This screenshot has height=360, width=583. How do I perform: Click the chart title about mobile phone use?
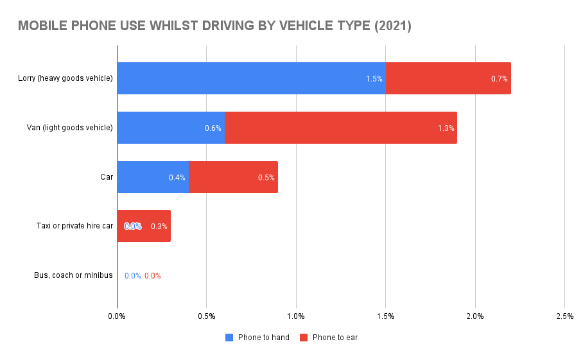pos(214,26)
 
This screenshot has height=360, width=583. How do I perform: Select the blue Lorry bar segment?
pos(250,78)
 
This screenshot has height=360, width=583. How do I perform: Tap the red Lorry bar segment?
pos(448,78)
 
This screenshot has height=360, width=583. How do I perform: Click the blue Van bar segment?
pos(170,128)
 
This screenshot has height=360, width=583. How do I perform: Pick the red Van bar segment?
pos(340,128)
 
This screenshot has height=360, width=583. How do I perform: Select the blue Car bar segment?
pos(152,177)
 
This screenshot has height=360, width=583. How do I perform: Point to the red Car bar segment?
pos(233,177)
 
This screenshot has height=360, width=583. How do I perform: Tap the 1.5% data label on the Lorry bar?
pos(374,79)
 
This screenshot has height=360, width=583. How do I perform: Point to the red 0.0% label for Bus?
pos(153,276)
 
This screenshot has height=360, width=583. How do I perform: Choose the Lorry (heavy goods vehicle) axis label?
pos(65,78)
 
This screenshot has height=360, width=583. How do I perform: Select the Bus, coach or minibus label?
pos(73,275)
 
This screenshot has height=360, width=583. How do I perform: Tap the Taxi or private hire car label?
pos(74,226)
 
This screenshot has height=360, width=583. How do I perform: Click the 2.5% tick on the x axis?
pos(564,316)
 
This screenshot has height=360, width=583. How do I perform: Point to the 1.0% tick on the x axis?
pos(295,316)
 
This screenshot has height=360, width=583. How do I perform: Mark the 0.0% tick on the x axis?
pos(117,316)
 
